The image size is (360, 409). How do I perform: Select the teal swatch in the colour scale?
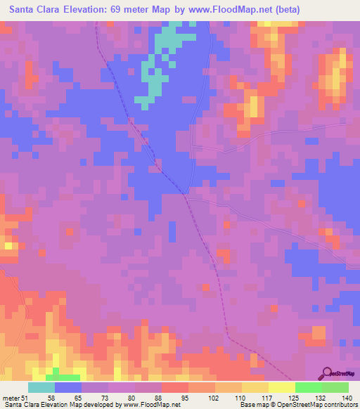41,387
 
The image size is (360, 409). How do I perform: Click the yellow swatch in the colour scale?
282,387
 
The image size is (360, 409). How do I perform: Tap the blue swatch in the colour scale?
68,387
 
